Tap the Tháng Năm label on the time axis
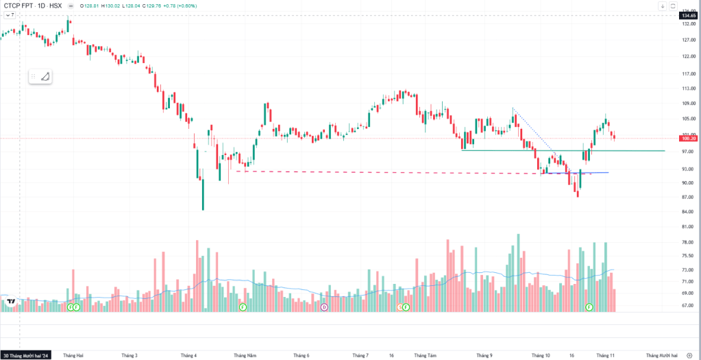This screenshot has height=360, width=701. pos(244,355)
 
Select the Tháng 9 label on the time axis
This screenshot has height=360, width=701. pos(484,355)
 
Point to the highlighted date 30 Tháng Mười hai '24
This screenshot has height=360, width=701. pos(27,355)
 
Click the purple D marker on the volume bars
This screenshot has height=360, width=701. pos(324,307)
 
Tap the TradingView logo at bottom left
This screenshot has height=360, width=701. pos(10,301)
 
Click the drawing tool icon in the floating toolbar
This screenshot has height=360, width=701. pos(45,77)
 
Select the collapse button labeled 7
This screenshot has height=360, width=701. pos(9,14)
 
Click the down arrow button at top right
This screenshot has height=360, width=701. pos(663,5)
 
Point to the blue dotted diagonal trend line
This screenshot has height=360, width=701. pos(534,131)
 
